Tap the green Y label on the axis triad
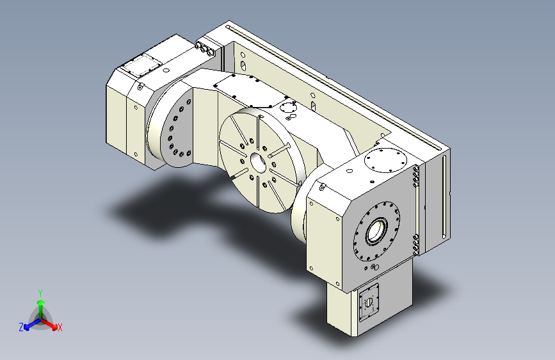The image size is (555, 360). pyautogui.click(x=40, y=293)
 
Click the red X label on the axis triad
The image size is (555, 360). pyautogui.click(x=60, y=327)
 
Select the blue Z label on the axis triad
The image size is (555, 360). pyautogui.click(x=21, y=327)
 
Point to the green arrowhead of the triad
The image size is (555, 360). pyautogui.click(x=41, y=302)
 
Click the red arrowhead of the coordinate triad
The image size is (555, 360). pyautogui.click(x=54, y=327)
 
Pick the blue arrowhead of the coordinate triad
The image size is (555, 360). pyautogui.click(x=26, y=327)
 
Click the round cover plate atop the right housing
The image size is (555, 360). pyautogui.click(x=385, y=160)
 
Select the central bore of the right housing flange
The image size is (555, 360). pyautogui.click(x=376, y=231)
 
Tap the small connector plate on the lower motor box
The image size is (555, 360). pyautogui.click(x=369, y=302)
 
